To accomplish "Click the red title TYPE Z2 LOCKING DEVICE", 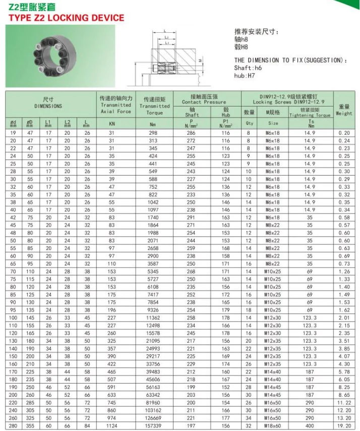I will [x=65, y=18].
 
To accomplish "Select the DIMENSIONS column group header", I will [x=48, y=103].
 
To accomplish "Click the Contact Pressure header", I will [x=204, y=99].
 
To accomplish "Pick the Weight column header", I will [x=344, y=110].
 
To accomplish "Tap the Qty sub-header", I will [x=249, y=123].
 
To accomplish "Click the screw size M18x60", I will [x=273, y=426].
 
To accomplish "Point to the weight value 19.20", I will [x=344, y=426].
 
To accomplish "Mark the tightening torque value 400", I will [x=311, y=426].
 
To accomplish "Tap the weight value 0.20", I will [x=344, y=133].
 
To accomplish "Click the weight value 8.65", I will [x=344, y=395].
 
